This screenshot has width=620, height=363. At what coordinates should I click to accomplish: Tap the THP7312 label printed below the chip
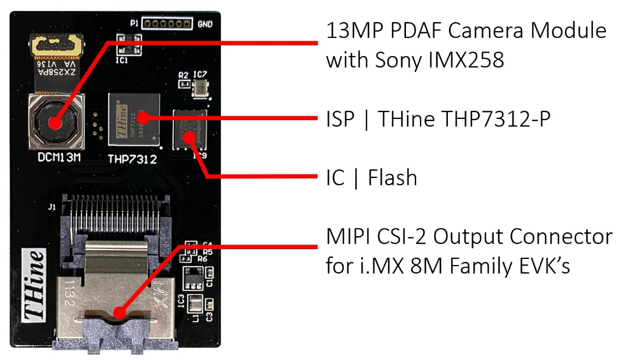[132, 159]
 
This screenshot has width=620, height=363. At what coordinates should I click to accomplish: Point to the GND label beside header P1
[205, 24]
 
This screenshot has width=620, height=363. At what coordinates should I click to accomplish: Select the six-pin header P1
[166, 24]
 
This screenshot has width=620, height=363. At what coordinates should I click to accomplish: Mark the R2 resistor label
[183, 75]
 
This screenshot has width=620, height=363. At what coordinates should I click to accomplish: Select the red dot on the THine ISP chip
[144, 118]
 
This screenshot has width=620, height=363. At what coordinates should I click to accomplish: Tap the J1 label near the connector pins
[52, 208]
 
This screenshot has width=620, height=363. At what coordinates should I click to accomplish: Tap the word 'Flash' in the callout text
[392, 178]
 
